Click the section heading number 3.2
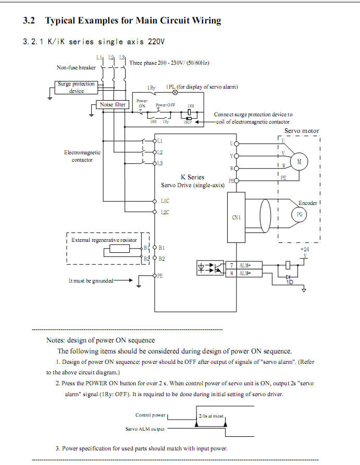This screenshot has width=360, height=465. tap(30, 21)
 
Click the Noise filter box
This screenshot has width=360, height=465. tap(113, 104)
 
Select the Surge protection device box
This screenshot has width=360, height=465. tap(76, 87)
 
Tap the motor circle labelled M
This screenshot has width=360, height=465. tap(299, 162)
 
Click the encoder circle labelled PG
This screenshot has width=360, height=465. tap(299, 214)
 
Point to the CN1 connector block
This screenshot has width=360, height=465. tap(237, 217)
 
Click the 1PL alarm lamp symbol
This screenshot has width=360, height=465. tap(175, 92)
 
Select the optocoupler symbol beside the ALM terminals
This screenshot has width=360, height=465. tap(208, 268)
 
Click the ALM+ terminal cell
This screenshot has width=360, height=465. tap(244, 265)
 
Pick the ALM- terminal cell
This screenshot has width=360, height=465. tap(244, 273)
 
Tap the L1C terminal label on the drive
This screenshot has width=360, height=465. tap(165, 201)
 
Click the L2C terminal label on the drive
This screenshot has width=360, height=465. tap(165, 212)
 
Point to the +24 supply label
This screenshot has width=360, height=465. tap(305, 249)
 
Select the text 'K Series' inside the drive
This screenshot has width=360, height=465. tap(192, 177)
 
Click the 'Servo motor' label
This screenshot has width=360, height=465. tap(301, 131)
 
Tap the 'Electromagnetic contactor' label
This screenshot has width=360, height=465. tap(82, 156)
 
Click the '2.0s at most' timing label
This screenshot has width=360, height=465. tap(211, 416)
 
